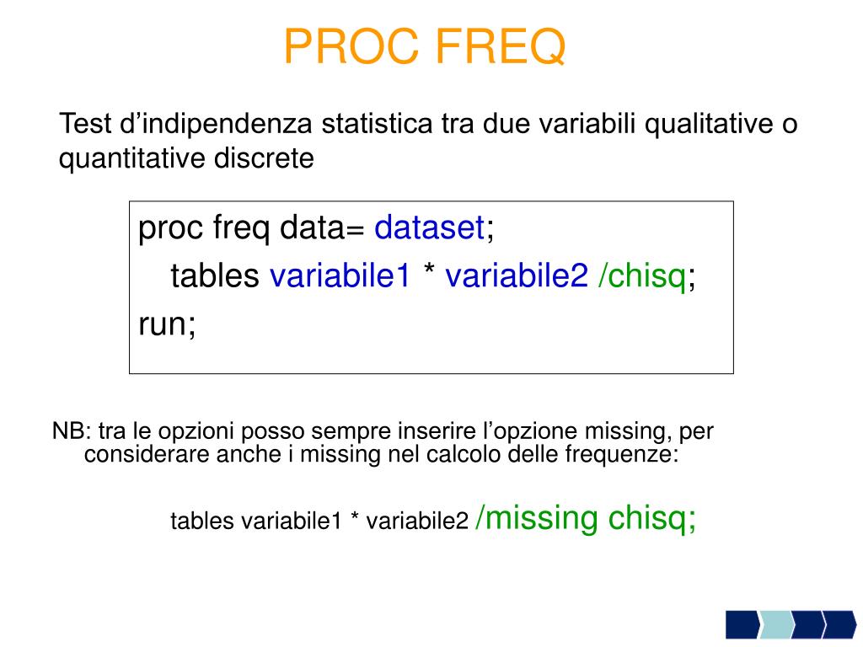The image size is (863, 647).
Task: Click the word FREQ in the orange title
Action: pyautogui.click(x=501, y=46)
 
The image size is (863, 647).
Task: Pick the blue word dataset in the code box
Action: pyautogui.click(x=429, y=227)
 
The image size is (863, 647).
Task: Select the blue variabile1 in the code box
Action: pyautogui.click(x=340, y=275)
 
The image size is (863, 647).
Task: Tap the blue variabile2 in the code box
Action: pyautogui.click(x=516, y=275)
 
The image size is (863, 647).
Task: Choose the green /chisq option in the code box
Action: pyautogui.click(x=642, y=275)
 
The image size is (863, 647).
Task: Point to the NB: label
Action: pyautogui.click(x=71, y=432)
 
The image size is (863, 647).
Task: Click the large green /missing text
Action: pyautogui.click(x=537, y=518)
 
